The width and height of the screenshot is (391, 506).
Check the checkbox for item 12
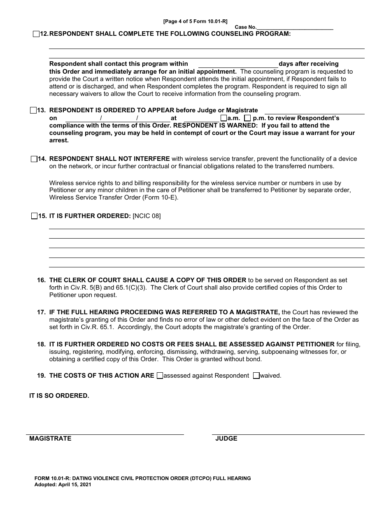click(36, 34)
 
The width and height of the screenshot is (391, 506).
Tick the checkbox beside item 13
click(33, 110)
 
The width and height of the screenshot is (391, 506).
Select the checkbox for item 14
click(34, 159)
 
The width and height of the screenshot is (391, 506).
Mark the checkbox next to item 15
click(34, 216)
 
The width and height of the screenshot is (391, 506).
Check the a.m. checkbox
click(223, 118)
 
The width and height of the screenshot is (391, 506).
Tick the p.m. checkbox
click(247, 118)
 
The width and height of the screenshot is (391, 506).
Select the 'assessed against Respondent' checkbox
click(160, 376)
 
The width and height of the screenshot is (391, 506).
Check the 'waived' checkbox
click(256, 376)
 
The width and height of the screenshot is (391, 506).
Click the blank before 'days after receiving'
click(238, 64)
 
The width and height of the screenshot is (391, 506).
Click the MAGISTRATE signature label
click(50, 439)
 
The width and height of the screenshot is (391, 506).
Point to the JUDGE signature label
click(226, 439)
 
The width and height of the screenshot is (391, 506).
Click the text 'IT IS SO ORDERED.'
click(59, 396)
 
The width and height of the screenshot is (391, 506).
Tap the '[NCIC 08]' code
click(147, 216)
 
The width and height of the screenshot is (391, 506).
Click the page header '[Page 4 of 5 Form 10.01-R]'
click(195, 21)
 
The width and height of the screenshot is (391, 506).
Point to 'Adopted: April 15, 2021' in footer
click(63, 485)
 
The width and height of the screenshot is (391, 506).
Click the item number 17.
click(41, 313)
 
